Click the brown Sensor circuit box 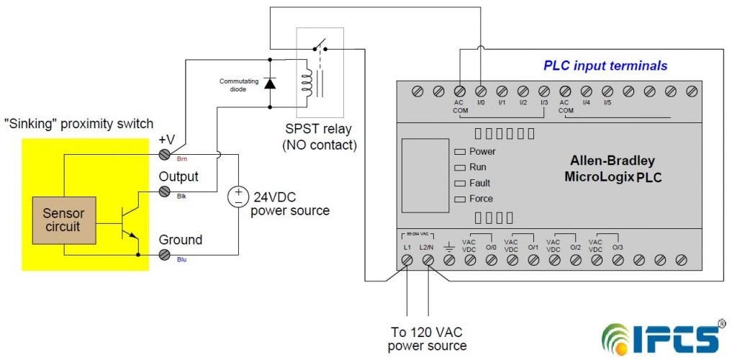[63, 220]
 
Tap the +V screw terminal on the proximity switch [164, 154]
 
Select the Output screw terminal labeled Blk [164, 192]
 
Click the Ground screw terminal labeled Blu [164, 254]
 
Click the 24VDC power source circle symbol [238, 197]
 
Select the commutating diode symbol [271, 83]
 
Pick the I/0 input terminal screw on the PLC [481, 91]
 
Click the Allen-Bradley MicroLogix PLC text [612, 168]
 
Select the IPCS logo [662, 336]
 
